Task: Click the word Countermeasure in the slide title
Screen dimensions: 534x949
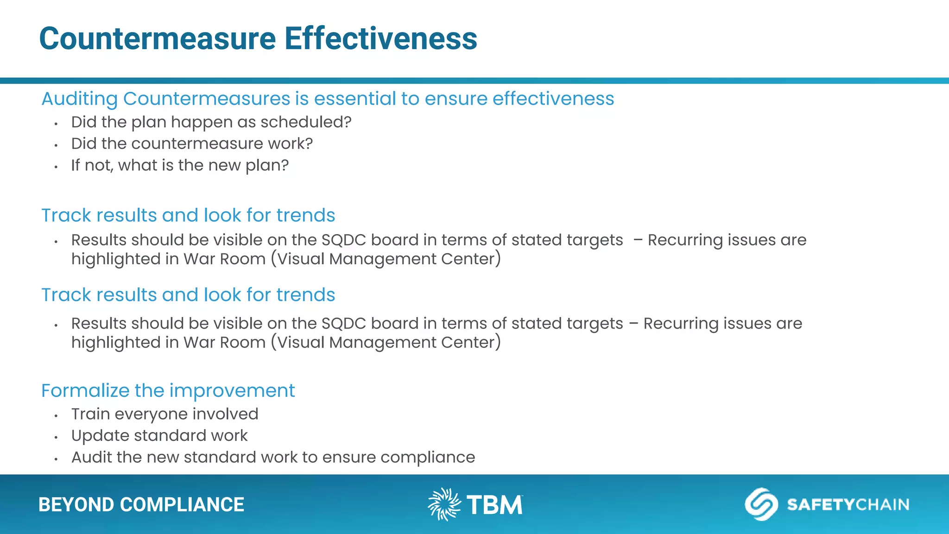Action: click(158, 38)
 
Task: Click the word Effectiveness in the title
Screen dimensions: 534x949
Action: click(380, 38)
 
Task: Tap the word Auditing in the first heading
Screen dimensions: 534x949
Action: click(80, 99)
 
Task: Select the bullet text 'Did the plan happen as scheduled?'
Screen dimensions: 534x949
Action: click(211, 122)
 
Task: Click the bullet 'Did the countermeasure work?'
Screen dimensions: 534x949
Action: click(192, 144)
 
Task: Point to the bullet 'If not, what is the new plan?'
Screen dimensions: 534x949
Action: click(180, 165)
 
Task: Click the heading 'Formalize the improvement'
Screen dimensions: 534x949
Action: click(168, 391)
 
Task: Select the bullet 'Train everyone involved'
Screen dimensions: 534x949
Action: click(164, 414)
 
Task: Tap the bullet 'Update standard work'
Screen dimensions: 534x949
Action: click(159, 436)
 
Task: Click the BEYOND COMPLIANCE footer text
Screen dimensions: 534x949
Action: click(141, 505)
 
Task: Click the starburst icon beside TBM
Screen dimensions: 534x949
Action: click(444, 504)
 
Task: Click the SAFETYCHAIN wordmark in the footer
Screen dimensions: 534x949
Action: click(848, 504)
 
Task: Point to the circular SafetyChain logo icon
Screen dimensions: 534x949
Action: click(761, 504)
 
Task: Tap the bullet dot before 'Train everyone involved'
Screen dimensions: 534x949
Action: click(56, 416)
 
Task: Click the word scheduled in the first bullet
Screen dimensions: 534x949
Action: click(305, 122)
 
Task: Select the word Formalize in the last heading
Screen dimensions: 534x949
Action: click(85, 391)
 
